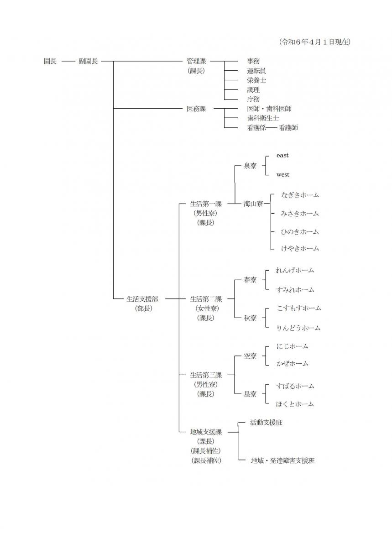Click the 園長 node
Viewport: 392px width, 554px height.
pos(50,61)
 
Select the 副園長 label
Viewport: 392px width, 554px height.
pos(88,61)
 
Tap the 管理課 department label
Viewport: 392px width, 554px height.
pos(196,61)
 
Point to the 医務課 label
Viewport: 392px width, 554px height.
pos(196,109)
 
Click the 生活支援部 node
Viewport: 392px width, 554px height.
pos(142,299)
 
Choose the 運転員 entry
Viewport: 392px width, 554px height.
pos(256,71)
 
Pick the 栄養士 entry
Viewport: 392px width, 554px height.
pos(256,80)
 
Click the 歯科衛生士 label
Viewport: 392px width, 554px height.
pos(263,118)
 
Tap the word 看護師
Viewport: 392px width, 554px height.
pos(288,128)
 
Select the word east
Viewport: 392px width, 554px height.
pos(282,156)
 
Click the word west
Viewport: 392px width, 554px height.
pos(282,175)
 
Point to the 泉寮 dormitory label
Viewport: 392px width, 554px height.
pos(250,166)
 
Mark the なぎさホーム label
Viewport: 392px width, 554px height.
pos(300,195)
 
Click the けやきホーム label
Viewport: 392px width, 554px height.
pos(300,248)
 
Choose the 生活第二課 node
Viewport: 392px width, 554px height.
pos(206,299)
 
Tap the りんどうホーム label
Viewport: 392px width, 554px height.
pos(298,328)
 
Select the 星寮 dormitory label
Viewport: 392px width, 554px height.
pos(250,394)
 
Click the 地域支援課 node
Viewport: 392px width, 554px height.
pos(206,432)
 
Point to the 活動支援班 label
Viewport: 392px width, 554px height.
pos(266,423)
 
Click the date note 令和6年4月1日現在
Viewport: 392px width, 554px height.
pos(315,42)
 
